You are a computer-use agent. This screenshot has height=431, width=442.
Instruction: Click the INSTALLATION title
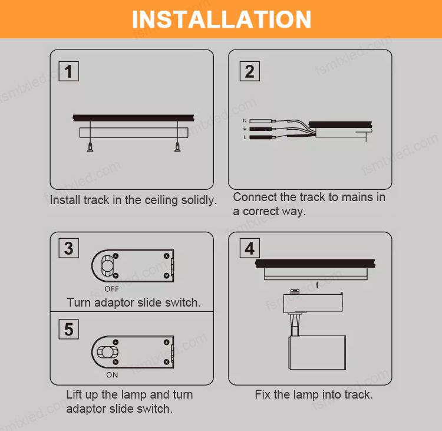(x=221, y=19)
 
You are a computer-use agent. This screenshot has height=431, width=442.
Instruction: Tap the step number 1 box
(x=68, y=71)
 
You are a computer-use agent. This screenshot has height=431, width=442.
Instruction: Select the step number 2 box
(x=249, y=71)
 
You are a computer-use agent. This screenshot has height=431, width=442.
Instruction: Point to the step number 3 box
(x=68, y=248)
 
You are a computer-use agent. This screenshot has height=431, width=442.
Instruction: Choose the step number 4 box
(x=249, y=248)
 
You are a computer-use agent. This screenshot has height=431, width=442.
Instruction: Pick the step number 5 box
(x=68, y=329)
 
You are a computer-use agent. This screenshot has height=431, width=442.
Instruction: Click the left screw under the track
(x=90, y=147)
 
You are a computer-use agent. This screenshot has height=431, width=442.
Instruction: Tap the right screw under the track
(x=177, y=147)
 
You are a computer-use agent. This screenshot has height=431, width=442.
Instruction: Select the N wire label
(x=245, y=121)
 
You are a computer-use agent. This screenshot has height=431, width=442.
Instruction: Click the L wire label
(x=245, y=137)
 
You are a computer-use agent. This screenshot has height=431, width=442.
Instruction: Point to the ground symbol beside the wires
(x=245, y=129)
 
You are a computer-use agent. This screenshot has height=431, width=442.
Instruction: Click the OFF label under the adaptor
(x=111, y=289)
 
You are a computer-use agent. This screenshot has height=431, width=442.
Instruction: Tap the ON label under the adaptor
(x=112, y=375)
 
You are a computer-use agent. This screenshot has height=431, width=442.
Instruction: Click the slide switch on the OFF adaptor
(x=107, y=266)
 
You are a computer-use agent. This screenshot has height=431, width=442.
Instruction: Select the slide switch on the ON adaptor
(x=107, y=352)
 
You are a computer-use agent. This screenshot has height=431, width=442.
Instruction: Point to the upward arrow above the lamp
(x=317, y=285)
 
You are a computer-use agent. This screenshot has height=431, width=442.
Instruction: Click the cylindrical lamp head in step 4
(x=317, y=353)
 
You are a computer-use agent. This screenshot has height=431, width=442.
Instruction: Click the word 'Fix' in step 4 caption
(x=263, y=394)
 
